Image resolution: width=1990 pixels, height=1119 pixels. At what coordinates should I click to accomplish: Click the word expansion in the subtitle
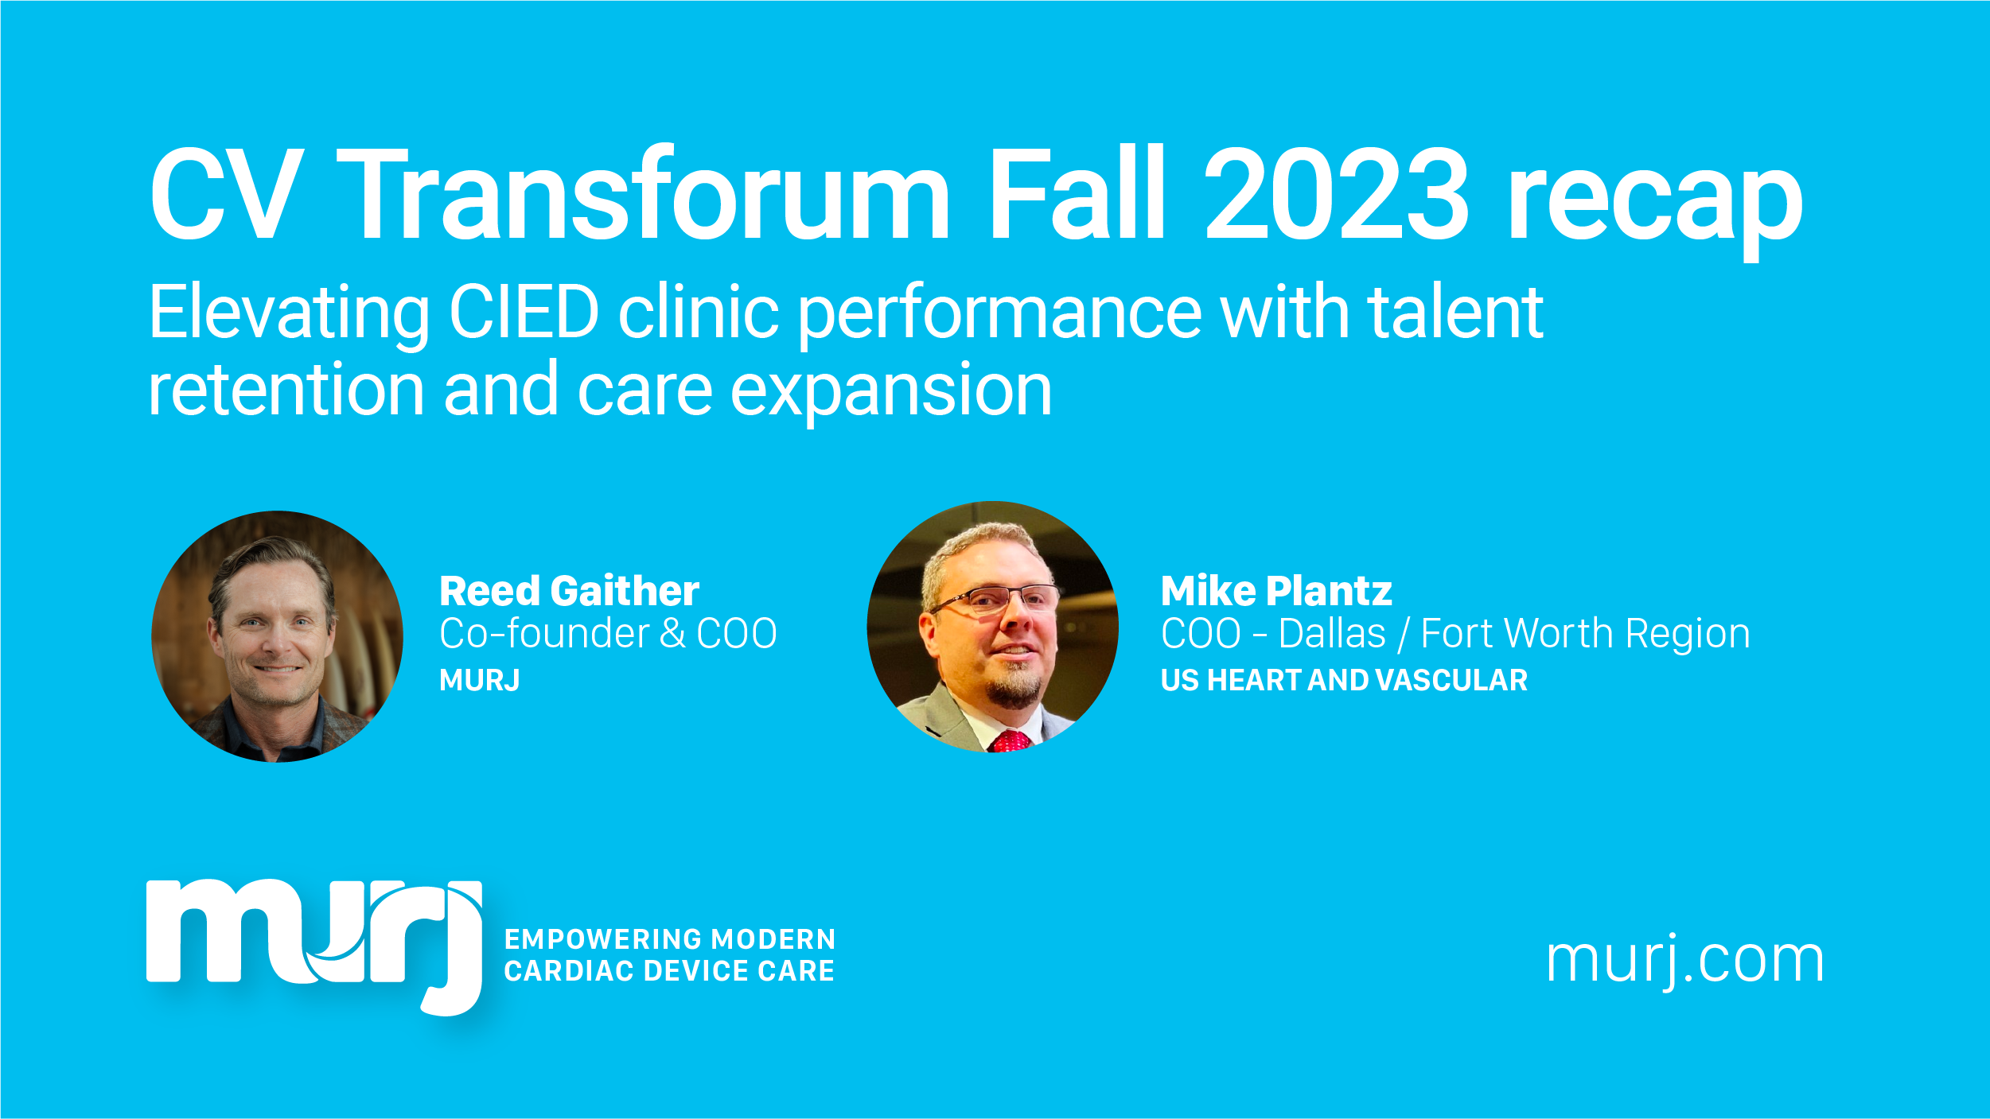891,394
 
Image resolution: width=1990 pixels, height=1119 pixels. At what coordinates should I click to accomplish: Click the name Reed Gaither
570,591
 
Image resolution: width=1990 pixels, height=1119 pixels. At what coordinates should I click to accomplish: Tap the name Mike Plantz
1276,591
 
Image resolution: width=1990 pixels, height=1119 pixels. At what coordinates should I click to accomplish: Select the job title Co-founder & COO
608,634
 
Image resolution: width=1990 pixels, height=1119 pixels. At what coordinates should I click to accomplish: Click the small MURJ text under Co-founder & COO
480,681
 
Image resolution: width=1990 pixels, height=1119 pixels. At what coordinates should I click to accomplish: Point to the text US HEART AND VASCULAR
1344,681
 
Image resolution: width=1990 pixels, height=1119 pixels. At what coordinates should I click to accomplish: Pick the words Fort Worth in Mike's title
1518,634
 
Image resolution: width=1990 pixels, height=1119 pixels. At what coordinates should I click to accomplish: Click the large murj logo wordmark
314,944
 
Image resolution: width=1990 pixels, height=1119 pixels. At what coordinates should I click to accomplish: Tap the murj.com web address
1684,962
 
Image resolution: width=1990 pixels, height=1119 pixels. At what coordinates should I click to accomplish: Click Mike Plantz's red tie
1010,741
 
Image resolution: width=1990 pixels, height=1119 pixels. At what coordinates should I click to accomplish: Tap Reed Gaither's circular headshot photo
277,636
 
